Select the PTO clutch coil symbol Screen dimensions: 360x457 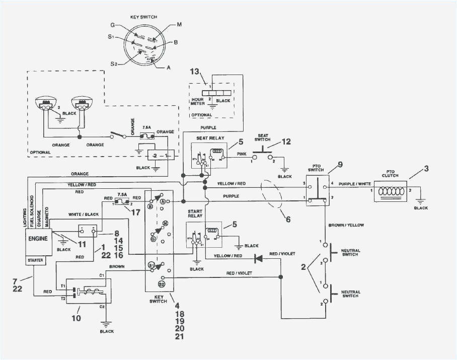click(392, 192)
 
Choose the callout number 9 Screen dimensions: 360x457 click(340, 164)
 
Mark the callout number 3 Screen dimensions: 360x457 click(426, 168)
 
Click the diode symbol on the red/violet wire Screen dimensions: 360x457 click(258, 258)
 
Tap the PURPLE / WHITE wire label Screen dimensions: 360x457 click(355, 184)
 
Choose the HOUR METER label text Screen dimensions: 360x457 click(197, 103)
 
